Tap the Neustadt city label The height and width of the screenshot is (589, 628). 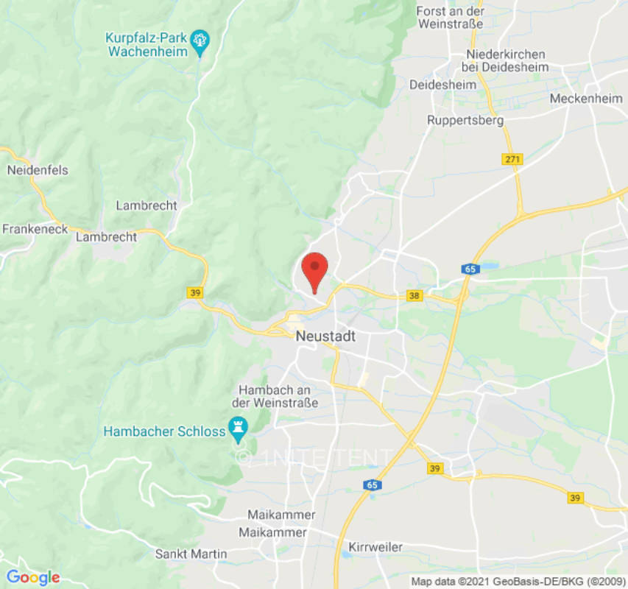click(325, 336)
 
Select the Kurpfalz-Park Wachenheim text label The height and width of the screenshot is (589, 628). click(147, 44)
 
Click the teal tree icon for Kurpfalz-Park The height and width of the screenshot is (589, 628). click(200, 39)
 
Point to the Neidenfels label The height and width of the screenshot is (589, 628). click(38, 170)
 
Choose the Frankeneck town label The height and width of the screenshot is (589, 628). click(35, 229)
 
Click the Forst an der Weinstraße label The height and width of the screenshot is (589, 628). click(450, 18)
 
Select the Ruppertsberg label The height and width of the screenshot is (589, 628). click(465, 119)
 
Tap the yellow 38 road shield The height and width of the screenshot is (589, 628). click(414, 296)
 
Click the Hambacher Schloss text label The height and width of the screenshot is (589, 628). click(164, 431)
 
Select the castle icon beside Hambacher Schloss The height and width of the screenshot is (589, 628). click(238, 426)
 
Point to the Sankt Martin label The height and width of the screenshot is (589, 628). click(191, 554)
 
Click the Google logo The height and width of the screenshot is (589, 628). click(32, 577)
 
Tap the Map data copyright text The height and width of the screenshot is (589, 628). click(518, 581)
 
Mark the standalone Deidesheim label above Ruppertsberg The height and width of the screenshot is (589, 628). click(442, 85)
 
